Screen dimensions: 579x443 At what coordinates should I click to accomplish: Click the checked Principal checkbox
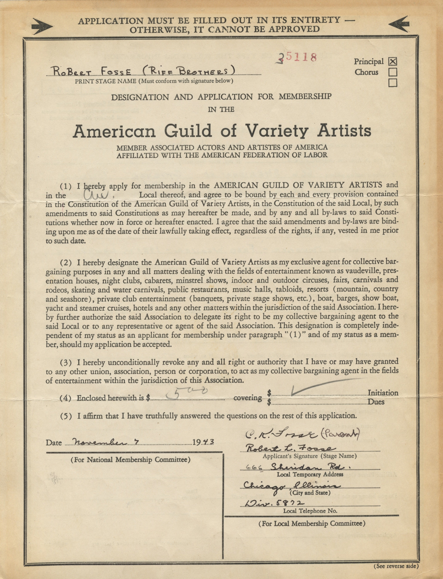[x=393, y=62]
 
